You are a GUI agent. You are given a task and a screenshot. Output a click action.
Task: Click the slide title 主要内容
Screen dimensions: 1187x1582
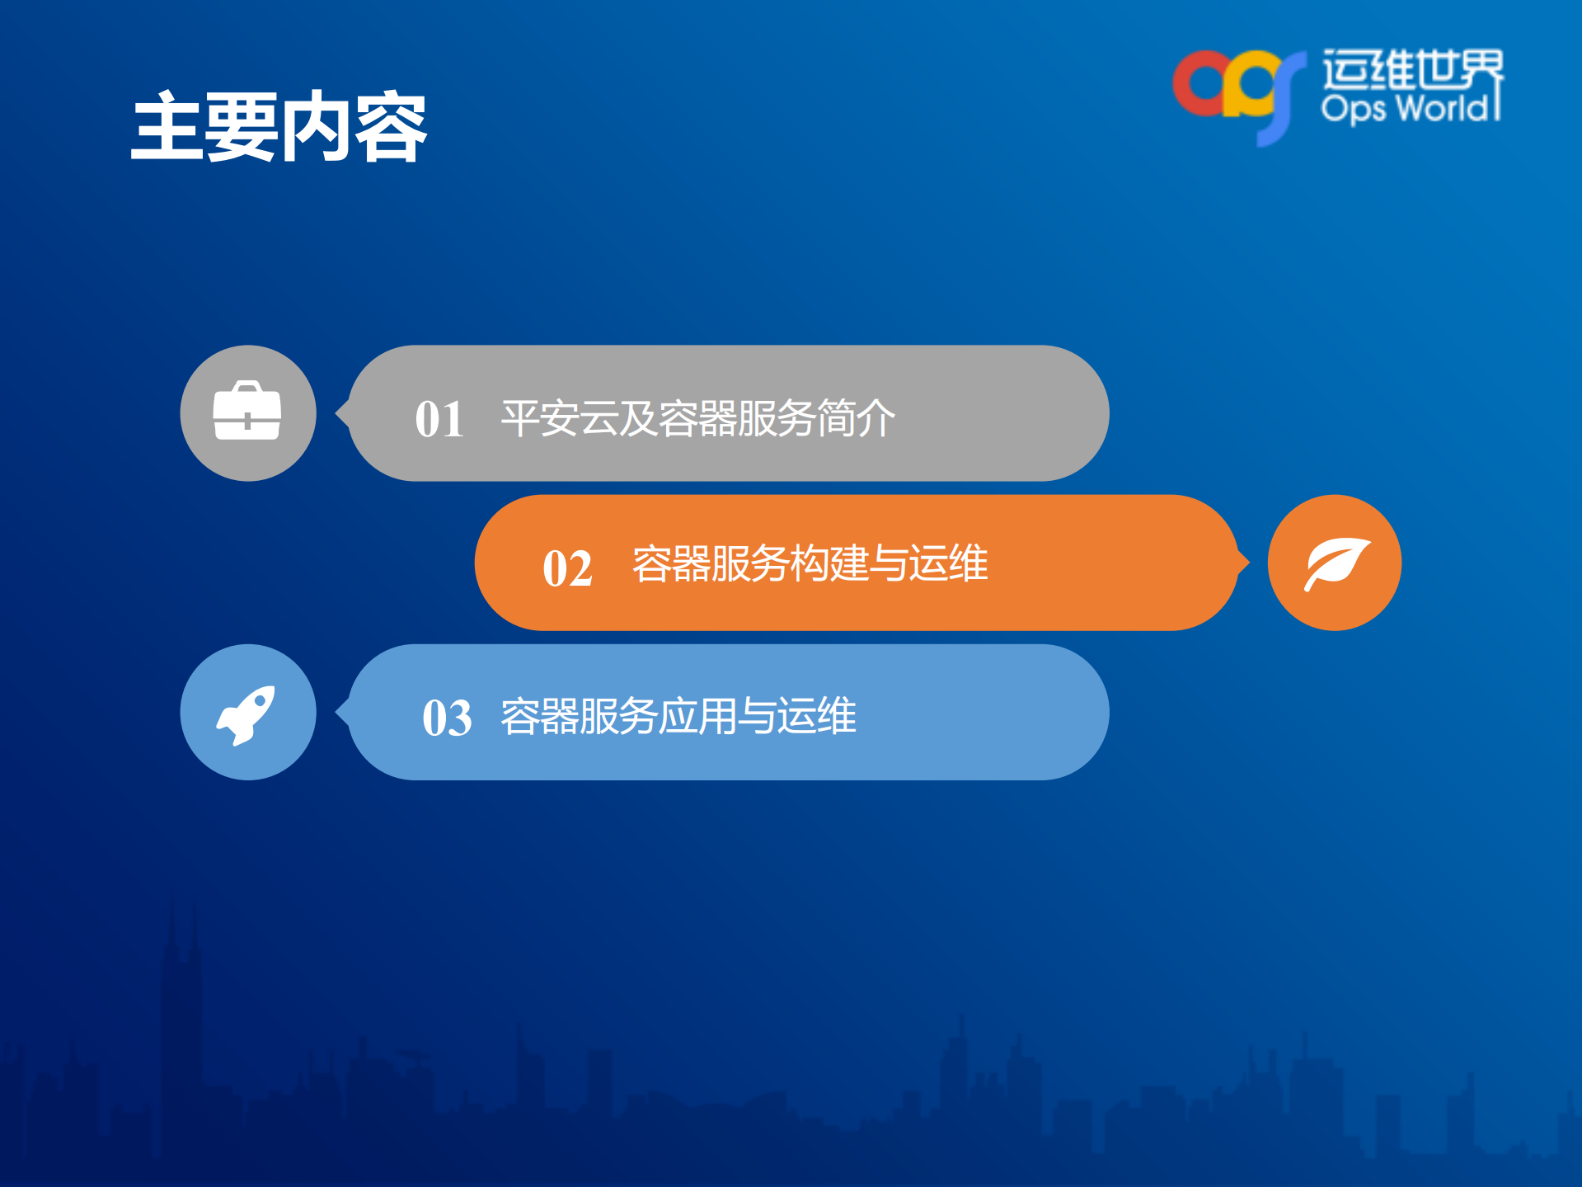pos(279,127)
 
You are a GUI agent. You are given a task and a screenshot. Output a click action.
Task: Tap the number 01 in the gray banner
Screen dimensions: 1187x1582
pos(439,418)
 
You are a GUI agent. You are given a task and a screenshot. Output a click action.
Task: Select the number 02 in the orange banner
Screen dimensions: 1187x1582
pos(567,568)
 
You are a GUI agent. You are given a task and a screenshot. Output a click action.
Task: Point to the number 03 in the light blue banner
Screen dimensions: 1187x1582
pos(447,717)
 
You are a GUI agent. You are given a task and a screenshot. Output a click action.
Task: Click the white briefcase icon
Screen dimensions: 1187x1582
pos(247,412)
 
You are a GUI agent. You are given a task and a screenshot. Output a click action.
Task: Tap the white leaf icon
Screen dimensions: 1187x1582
pos(1336,563)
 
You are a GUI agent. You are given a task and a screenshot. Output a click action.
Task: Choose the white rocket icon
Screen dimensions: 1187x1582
pos(246,714)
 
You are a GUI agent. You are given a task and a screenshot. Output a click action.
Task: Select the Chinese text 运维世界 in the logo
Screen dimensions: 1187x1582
pos(1412,68)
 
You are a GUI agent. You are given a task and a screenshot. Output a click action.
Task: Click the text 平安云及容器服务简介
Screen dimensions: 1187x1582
pos(697,417)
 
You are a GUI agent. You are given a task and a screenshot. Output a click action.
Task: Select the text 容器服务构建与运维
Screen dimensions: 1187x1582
pos(810,563)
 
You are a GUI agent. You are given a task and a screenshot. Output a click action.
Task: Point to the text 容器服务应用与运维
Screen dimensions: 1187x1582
pos(678,715)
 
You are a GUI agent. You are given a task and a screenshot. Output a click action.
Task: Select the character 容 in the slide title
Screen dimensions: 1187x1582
pos(391,127)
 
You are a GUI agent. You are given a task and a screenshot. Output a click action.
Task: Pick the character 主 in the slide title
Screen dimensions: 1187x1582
pos(167,127)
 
